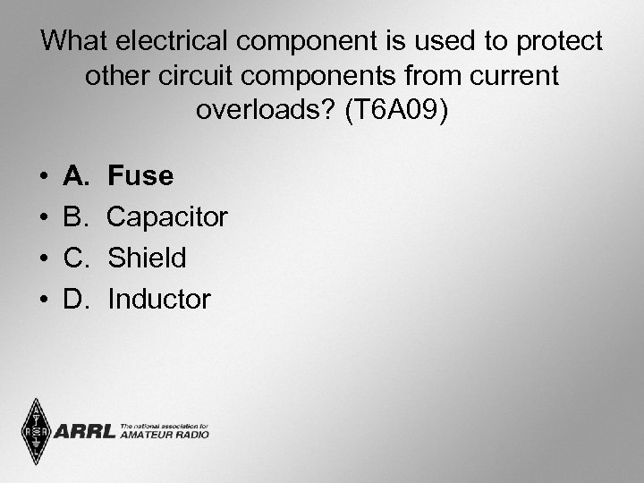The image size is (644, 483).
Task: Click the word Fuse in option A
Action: pyautogui.click(x=140, y=176)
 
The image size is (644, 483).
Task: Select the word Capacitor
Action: pyautogui.click(x=167, y=217)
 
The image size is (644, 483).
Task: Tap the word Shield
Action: pyautogui.click(x=147, y=258)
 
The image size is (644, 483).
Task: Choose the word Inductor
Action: pyautogui.click(x=159, y=300)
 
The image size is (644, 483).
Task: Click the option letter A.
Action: pyautogui.click(x=76, y=176)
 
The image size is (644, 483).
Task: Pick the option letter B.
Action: pyautogui.click(x=76, y=217)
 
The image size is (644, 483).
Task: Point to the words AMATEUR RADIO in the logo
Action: pyautogui.click(x=165, y=436)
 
